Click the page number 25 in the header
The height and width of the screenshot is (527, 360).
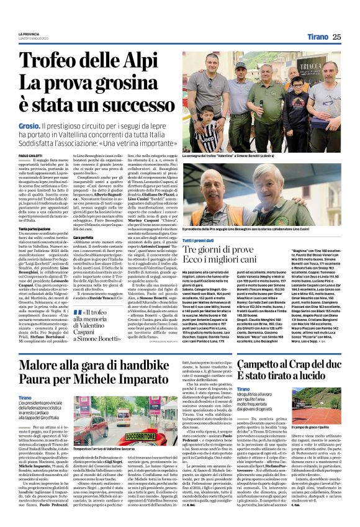[x=353, y=37]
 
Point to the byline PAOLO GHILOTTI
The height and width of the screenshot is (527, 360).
[x=32, y=155]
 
